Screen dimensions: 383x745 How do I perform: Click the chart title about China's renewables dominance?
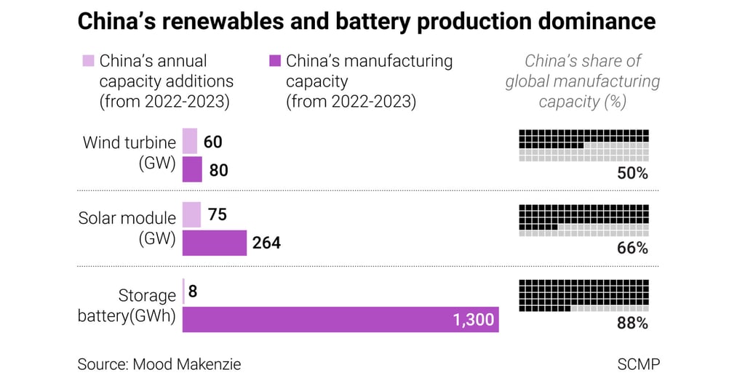pyautogui.click(x=366, y=22)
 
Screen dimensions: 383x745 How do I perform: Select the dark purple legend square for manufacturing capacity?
pyautogui.click(x=274, y=60)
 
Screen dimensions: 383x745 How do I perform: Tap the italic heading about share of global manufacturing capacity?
pyautogui.click(x=583, y=81)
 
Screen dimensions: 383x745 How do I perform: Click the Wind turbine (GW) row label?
pyautogui.click(x=129, y=153)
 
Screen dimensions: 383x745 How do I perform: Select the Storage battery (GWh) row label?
pyautogui.click(x=127, y=306)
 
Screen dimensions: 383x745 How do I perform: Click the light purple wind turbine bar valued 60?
pyautogui.click(x=189, y=141)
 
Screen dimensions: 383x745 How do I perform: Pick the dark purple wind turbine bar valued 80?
pyautogui.click(x=192, y=170)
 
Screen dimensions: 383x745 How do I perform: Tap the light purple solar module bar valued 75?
pyautogui.click(x=191, y=215)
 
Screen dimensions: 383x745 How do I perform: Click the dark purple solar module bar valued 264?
pyautogui.click(x=214, y=243)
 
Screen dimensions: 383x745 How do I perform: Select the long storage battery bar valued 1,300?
pyautogui.click(x=340, y=319)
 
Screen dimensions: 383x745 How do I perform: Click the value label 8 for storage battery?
pyautogui.click(x=193, y=291)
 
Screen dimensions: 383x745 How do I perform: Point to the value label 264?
pyautogui.click(x=266, y=243)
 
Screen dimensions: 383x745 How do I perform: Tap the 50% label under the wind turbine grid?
pyautogui.click(x=632, y=174)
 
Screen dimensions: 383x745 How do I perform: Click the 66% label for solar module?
pyautogui.click(x=632, y=249)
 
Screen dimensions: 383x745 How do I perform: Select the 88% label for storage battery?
pyautogui.click(x=632, y=323)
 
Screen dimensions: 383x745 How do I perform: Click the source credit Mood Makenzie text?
pyautogui.click(x=159, y=363)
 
